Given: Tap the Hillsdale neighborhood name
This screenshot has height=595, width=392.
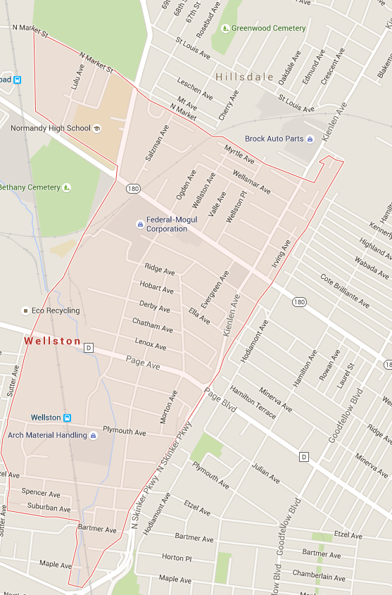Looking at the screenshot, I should click(245, 76).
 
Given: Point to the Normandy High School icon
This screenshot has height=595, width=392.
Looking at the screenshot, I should click(96, 129).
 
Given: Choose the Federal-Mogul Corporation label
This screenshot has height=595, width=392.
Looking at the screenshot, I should click(167, 224).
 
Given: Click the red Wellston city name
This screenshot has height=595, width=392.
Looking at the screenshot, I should click(53, 341).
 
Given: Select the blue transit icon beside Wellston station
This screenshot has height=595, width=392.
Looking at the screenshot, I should click(67, 418).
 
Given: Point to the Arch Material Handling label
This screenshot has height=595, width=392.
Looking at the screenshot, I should click(47, 435).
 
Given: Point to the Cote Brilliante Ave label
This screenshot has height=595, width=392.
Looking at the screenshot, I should click(345, 289).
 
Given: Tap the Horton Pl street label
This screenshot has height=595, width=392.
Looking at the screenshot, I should click(177, 557).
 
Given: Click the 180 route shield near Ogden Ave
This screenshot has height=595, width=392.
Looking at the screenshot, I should click(134, 188).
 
